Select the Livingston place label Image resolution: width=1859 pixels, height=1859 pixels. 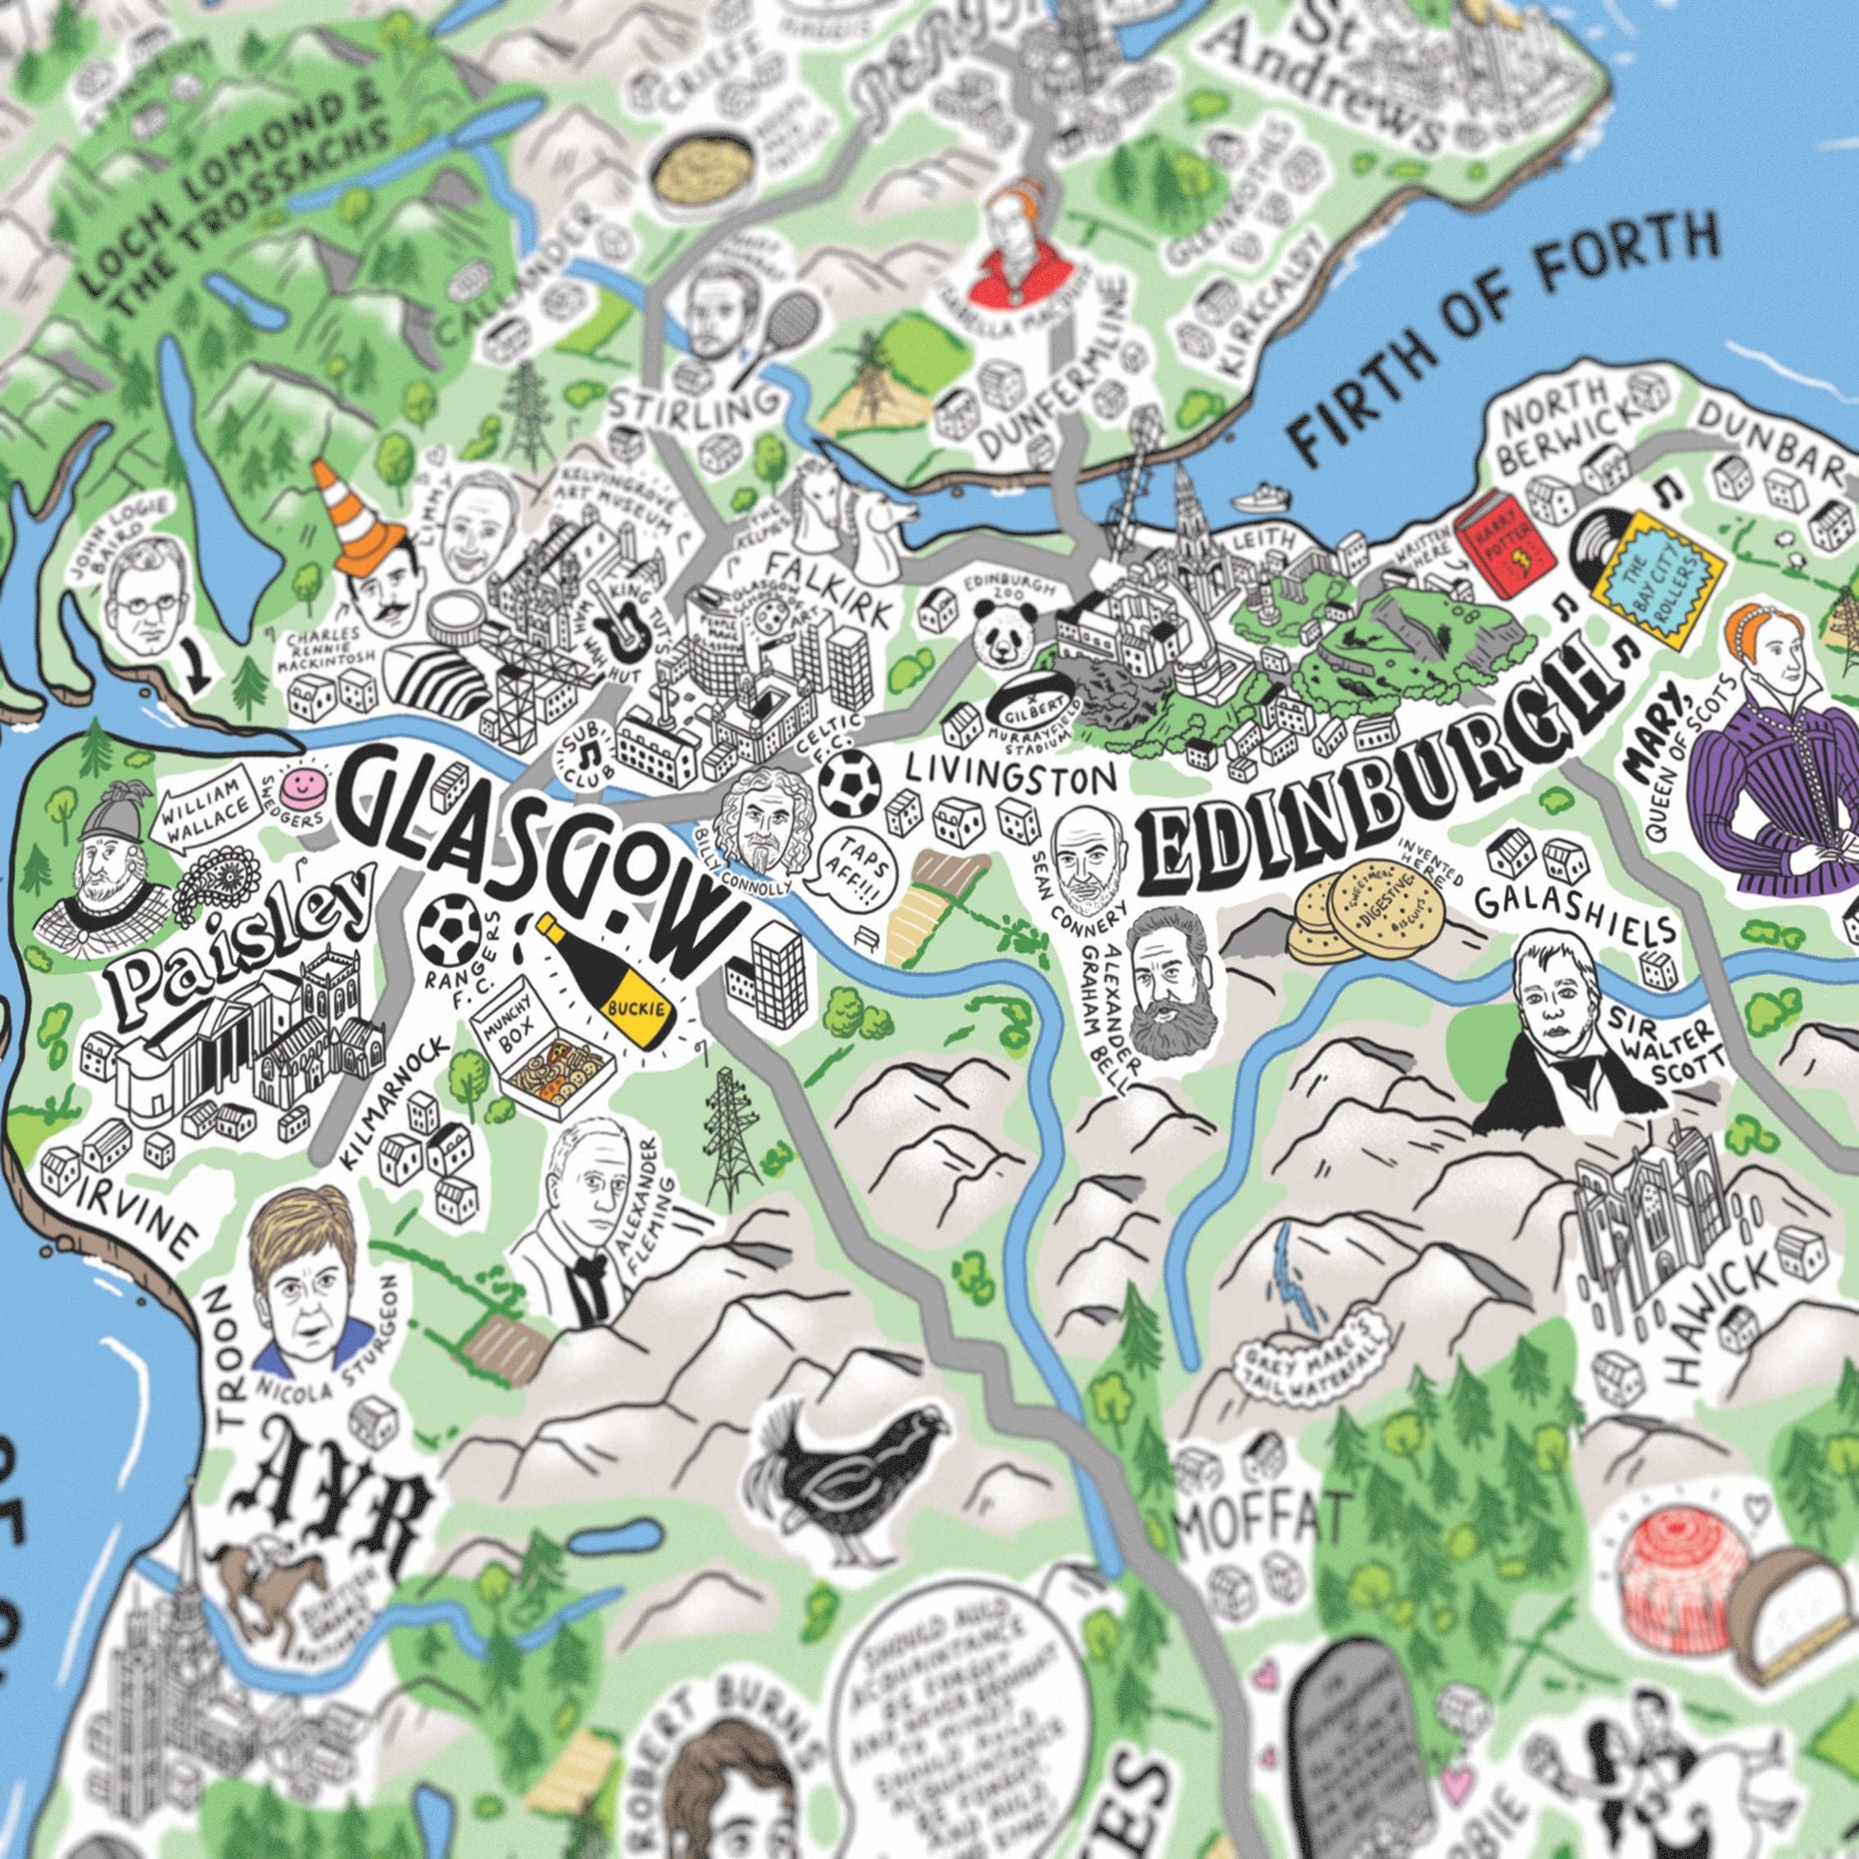(1009, 772)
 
